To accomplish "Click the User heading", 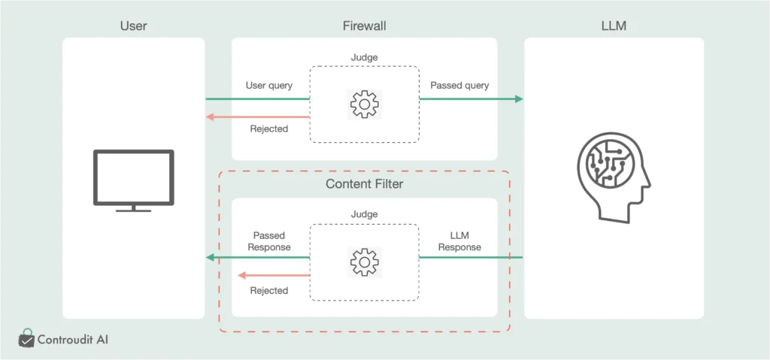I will pos(133,26).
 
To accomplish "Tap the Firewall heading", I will pos(364,26).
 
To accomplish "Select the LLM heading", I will pos(614,26).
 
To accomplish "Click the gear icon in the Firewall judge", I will pos(365,104).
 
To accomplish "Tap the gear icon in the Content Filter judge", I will pos(365,262).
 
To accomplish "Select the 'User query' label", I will pos(269,86).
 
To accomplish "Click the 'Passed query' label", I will pos(459,86).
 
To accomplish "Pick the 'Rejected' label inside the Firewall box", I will pos(269,129).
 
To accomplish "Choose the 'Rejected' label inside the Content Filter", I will pos(269,290).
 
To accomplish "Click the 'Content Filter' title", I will pos(364,184).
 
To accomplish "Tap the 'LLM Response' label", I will pos(459,241).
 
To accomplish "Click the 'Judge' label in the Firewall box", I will pos(365,56).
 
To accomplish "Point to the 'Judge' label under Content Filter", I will pos(365,214).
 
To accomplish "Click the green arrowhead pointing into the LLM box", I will pos(519,99).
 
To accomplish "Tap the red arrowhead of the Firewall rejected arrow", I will pos(211,116).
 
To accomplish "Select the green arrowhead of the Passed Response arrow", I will pos(211,258).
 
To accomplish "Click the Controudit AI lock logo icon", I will pos(27,339).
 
